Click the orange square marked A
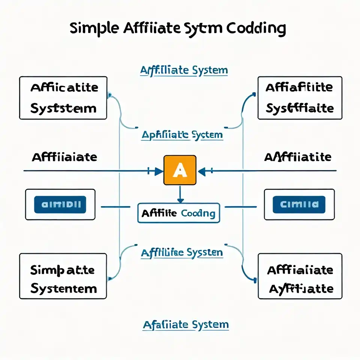point(180,170)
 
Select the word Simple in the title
point(95,29)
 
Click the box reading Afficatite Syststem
point(63,98)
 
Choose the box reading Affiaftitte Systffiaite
point(300,98)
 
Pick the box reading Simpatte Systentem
point(63,276)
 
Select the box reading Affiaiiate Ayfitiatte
point(300,276)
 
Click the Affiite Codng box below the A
point(178,213)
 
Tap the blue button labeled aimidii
point(60,204)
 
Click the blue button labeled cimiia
point(299,204)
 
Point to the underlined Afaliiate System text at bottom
point(186,325)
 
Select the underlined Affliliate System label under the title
point(184,70)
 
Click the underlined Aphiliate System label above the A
point(182,135)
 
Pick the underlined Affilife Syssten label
point(182,252)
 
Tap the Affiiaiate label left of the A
point(64,157)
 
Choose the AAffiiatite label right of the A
point(298,157)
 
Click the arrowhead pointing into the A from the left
point(159,171)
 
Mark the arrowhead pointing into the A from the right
point(202,172)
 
